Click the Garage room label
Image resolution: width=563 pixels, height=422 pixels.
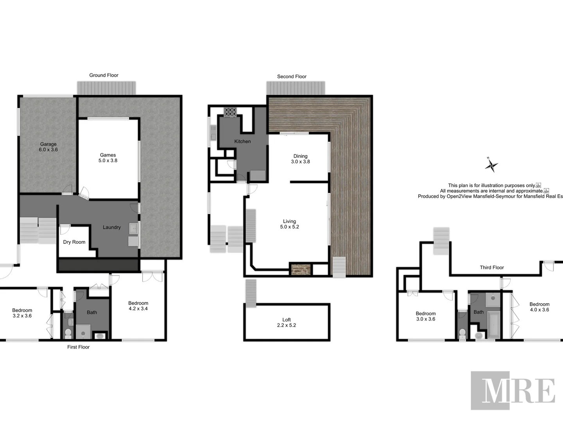coord(48,147)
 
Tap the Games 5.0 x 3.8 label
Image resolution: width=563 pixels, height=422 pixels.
coord(108,158)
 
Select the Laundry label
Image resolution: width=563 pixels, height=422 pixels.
coord(111,227)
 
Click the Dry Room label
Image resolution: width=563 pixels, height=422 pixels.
coord(74,242)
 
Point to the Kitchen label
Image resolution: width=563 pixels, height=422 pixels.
coord(242,141)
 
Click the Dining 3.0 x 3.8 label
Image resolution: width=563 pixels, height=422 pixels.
coord(300,159)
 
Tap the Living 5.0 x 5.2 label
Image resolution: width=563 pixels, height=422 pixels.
coord(289,224)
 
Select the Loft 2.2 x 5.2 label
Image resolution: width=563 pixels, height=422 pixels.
coord(287,322)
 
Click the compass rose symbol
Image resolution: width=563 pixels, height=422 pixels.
coord(491,165)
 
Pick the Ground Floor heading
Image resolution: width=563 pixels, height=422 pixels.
coord(104,75)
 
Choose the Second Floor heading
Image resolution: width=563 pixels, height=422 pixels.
coord(292,77)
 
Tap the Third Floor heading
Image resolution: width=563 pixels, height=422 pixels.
coord(492,268)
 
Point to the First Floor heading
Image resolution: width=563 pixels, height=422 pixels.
coord(78,347)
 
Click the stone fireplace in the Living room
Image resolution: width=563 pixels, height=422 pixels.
coord(300,269)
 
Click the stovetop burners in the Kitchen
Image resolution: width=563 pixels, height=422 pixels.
coord(230,112)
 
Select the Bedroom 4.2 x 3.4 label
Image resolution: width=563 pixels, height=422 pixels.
coord(138,306)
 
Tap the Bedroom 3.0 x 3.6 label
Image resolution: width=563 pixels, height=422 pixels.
coord(425,316)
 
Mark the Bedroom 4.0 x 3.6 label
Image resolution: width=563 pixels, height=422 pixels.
coord(539,307)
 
